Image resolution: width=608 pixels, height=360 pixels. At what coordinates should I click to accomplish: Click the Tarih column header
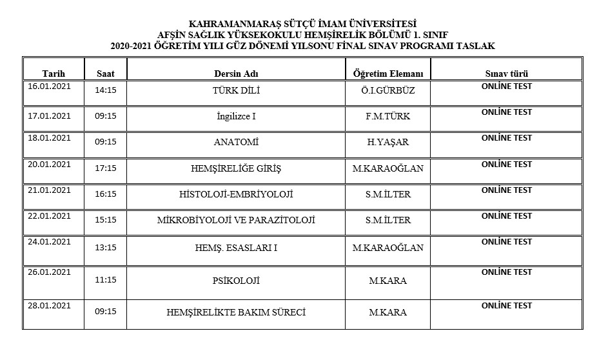54,74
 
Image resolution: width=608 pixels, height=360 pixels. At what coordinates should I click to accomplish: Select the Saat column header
106,74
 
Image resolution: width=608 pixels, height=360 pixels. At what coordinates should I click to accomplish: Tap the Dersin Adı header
236,74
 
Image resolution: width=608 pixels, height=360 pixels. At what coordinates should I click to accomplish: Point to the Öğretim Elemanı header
388,74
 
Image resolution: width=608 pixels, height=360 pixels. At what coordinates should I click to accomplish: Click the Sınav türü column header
506,74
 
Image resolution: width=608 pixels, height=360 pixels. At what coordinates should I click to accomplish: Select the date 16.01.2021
49,86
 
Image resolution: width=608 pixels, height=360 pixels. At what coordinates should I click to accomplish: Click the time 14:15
105,91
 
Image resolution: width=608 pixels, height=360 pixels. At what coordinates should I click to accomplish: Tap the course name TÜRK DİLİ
236,91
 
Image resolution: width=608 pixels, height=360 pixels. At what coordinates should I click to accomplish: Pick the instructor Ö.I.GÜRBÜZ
388,91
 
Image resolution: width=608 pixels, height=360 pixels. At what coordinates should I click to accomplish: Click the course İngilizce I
236,117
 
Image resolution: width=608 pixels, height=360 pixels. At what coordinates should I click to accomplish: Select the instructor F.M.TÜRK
388,117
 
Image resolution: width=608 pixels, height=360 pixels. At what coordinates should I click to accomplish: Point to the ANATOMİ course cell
236,143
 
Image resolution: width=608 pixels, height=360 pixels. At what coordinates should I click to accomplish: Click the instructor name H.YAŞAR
388,143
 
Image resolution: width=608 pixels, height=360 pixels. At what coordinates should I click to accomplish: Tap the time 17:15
105,168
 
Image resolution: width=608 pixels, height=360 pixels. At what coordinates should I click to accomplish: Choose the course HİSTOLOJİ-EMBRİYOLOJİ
236,194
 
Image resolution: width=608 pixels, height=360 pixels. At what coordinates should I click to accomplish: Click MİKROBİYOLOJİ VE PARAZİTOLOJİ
236,220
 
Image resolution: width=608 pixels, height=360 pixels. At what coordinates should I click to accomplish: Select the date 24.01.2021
49,242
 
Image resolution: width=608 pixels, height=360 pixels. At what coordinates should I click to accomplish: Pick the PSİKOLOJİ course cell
236,281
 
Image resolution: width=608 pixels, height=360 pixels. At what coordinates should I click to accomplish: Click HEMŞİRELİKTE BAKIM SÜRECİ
236,312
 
